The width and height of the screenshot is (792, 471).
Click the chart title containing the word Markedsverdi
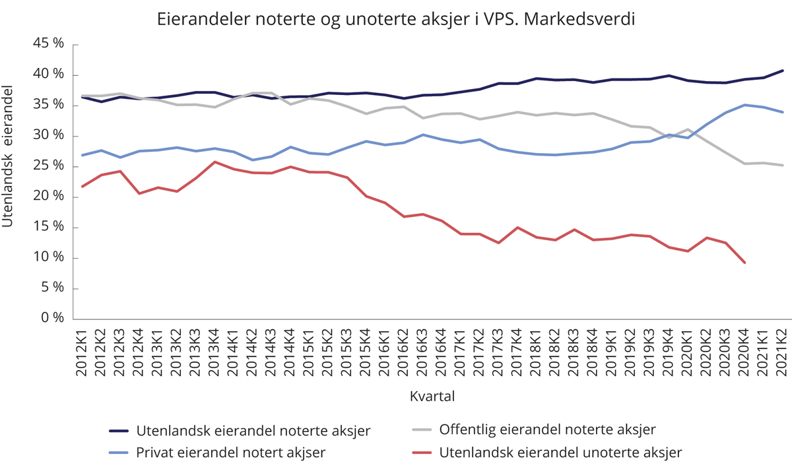click(x=395, y=19)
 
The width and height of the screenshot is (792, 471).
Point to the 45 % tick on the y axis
click(x=50, y=44)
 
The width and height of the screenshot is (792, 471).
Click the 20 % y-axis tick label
click(x=50, y=197)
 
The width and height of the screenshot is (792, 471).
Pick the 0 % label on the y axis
click(x=54, y=318)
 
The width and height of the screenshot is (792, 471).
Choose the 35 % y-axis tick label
click(x=50, y=105)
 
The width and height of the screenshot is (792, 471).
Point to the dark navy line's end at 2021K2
click(x=782, y=71)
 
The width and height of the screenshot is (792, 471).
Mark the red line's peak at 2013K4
click(x=214, y=162)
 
